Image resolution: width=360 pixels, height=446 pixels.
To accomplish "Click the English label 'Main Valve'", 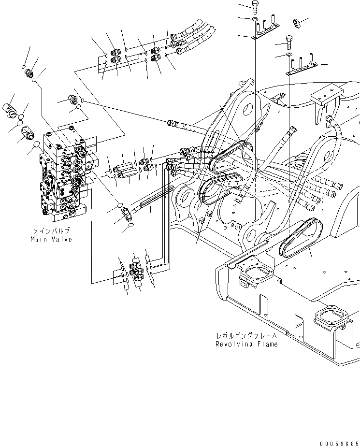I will click(51, 239).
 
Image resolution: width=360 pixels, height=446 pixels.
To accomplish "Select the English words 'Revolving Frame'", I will click(246, 344).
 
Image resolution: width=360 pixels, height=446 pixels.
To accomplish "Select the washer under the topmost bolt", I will click(255, 19).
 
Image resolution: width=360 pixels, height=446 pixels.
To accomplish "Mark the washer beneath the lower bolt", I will click(289, 56).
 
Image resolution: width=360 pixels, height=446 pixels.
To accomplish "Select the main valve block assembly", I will click(65, 179).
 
